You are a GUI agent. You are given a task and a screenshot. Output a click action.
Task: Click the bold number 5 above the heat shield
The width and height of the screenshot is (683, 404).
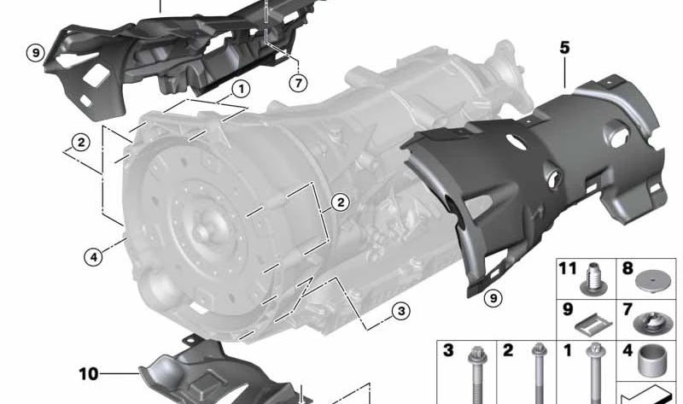click(564, 47)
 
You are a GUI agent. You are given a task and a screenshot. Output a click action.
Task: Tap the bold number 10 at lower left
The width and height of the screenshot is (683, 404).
click(89, 374)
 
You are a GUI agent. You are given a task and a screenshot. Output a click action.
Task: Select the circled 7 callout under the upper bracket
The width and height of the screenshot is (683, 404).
click(298, 83)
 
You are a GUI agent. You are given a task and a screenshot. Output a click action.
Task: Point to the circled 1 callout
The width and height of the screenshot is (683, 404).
click(241, 90)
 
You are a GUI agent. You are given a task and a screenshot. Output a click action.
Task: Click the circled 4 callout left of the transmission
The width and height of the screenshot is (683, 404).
click(93, 257)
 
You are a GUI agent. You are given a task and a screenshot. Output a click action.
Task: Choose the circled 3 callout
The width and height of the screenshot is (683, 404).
click(400, 311)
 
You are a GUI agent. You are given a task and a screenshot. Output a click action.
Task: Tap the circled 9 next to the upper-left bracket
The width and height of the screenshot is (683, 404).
click(36, 53)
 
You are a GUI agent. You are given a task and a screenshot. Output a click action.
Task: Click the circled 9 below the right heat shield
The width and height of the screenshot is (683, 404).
click(493, 298)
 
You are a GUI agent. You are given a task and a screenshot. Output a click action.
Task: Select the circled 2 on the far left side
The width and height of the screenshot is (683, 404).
click(81, 143)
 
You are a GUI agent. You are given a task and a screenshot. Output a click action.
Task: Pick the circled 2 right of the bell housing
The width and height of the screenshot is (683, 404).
click(340, 202)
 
